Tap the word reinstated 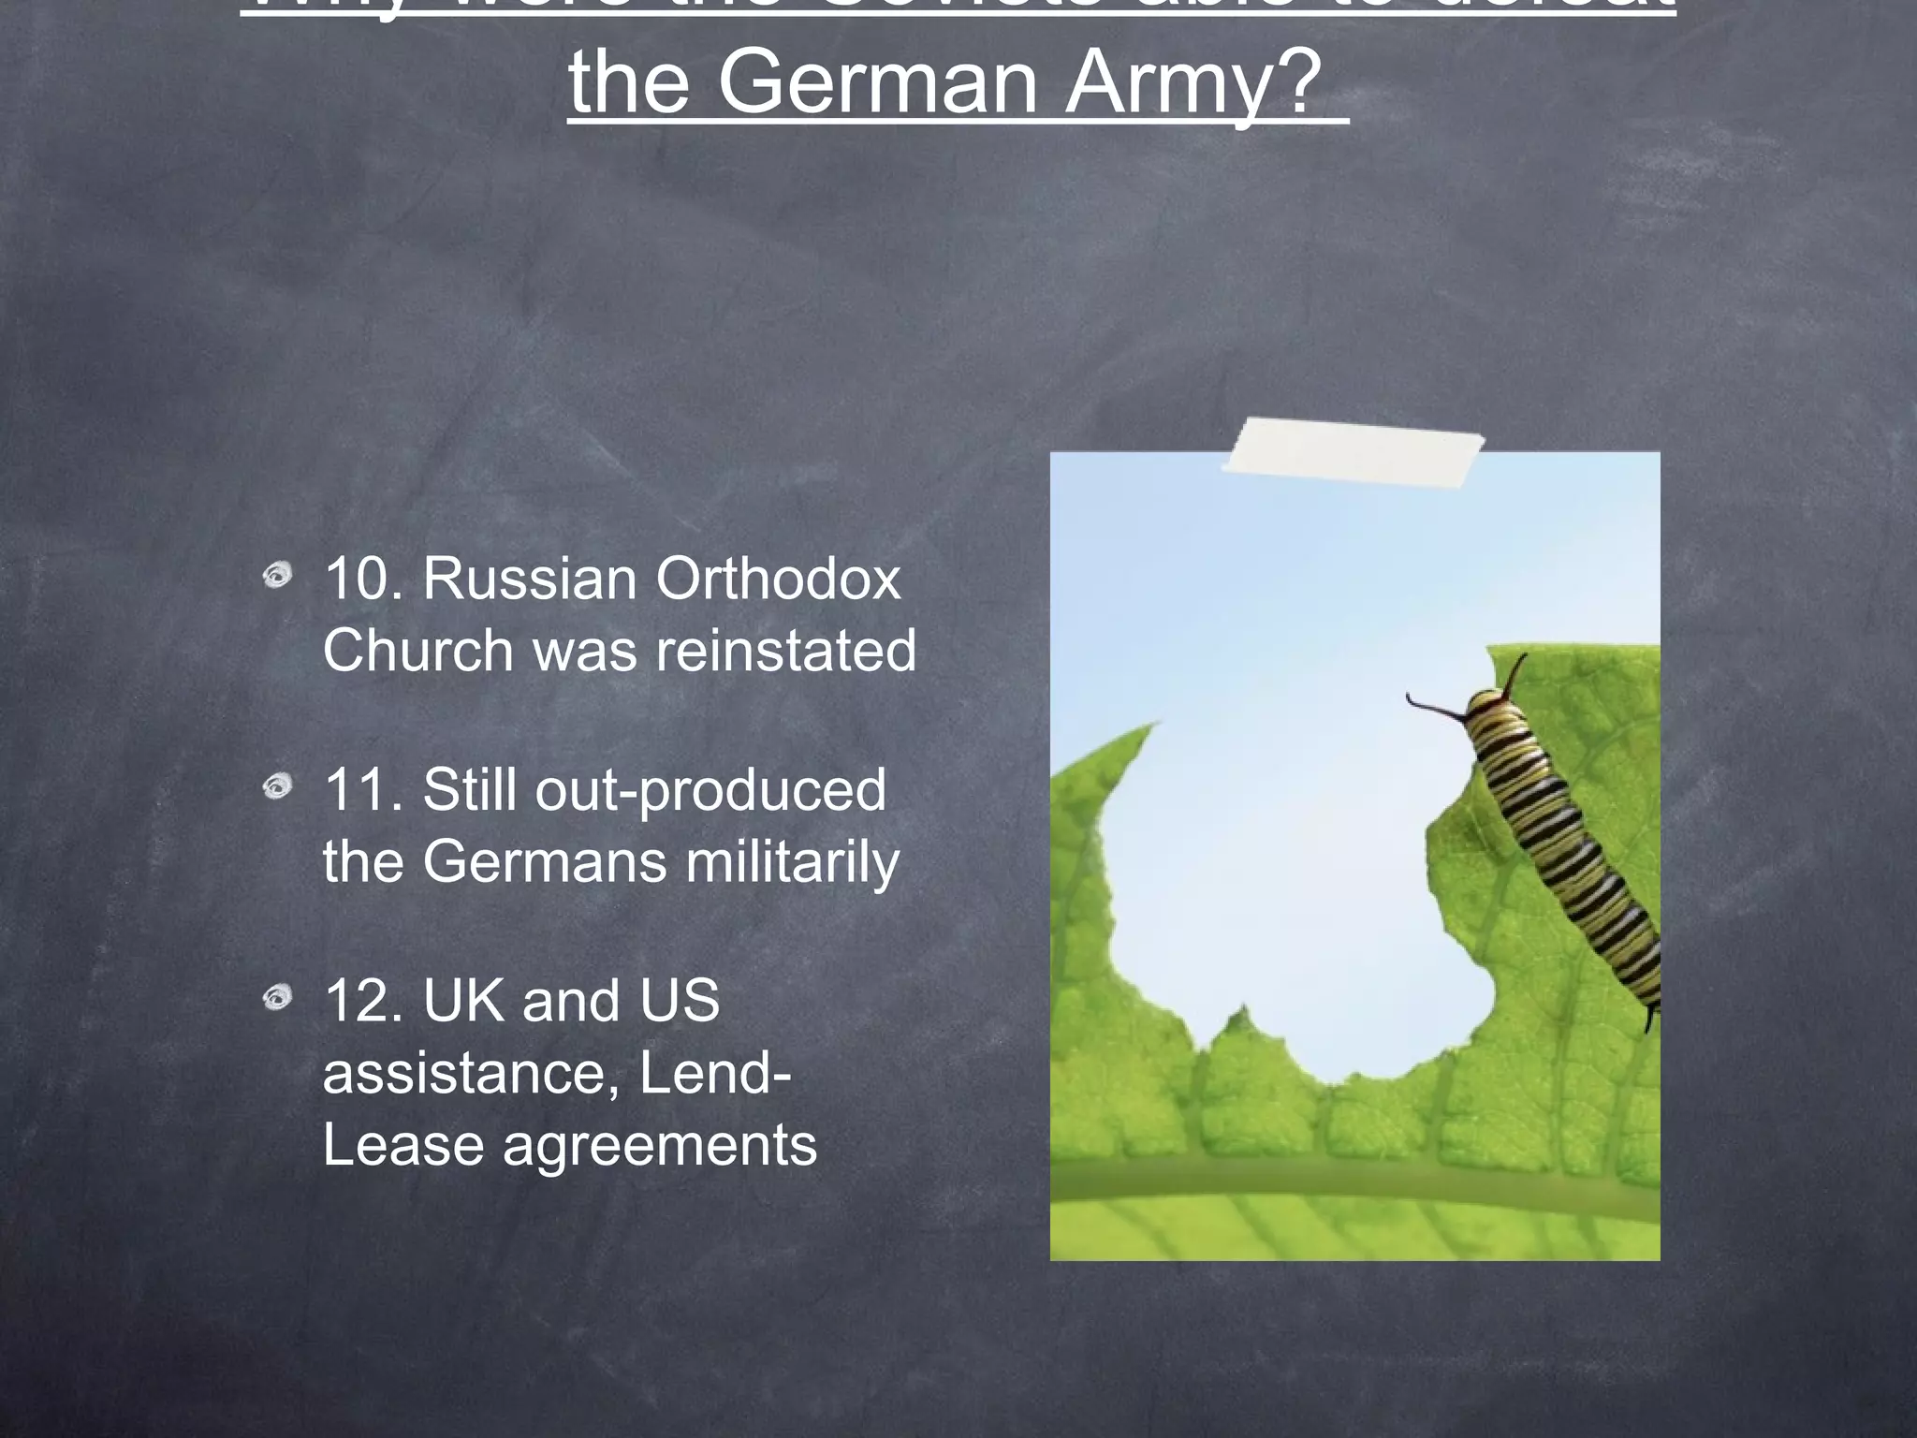[785, 650]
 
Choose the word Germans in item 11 [545, 861]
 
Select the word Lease [402, 1144]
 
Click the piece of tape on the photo [1353, 454]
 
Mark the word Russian [530, 579]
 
